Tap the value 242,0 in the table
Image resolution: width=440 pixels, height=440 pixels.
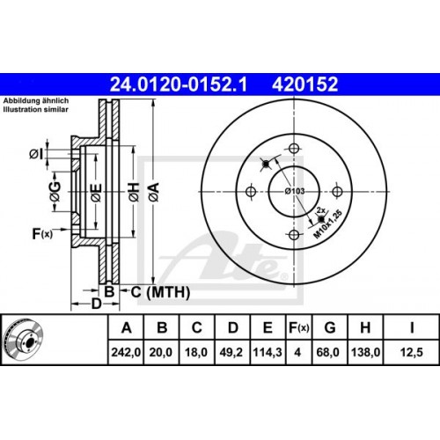coord(127,354)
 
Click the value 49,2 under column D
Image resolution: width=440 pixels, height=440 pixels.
coord(233,354)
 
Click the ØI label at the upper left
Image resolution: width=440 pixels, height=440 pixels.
coord(35,156)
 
